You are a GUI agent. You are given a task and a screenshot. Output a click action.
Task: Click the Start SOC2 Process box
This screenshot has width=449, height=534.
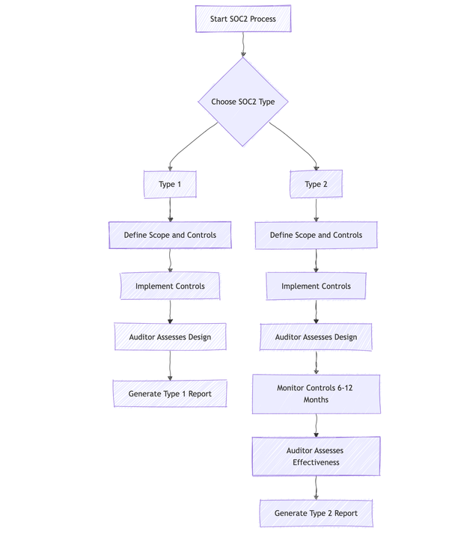click(243, 19)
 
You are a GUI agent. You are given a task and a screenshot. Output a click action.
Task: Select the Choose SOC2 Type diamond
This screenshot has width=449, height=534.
click(243, 102)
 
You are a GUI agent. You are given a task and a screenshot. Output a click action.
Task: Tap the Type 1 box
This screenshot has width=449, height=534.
click(170, 184)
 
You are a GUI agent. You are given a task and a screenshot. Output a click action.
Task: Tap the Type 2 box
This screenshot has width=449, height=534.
click(316, 184)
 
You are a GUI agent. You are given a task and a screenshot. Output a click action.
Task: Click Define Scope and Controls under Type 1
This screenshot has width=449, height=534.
click(170, 235)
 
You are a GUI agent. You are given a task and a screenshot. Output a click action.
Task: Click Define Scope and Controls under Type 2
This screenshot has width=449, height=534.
click(316, 235)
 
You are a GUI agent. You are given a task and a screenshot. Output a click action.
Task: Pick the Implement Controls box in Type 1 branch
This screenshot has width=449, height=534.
click(170, 286)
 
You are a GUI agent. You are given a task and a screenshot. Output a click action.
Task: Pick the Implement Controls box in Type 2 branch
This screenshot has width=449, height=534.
click(316, 286)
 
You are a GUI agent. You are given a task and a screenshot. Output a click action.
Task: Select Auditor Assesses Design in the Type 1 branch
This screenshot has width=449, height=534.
click(170, 337)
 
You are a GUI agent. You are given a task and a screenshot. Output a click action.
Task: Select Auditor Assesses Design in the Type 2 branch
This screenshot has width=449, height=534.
click(316, 337)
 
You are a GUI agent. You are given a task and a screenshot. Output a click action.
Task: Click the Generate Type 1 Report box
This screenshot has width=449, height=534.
click(170, 393)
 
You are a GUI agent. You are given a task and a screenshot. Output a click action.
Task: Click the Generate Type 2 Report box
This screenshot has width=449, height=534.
click(316, 513)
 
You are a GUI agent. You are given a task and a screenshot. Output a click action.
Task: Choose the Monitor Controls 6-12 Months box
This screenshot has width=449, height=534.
click(316, 393)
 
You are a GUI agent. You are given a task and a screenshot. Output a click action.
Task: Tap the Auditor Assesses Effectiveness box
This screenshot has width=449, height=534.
click(316, 456)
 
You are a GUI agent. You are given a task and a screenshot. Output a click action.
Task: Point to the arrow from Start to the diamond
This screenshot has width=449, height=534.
click(243, 45)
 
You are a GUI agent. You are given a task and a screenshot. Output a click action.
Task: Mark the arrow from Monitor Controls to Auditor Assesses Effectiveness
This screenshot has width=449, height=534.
click(316, 425)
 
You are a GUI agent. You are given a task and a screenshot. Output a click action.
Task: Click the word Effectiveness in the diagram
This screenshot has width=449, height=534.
click(316, 462)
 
